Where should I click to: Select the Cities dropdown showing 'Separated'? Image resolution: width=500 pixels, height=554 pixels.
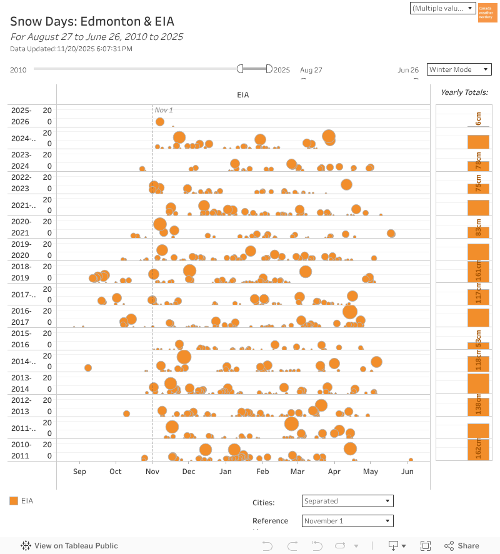coord(347,501)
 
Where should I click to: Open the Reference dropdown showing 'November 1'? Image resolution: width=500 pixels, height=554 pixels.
coord(347,521)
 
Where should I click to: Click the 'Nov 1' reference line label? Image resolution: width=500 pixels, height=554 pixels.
coord(164,110)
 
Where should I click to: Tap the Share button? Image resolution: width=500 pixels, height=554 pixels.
coord(461,545)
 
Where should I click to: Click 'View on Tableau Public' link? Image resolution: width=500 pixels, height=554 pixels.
coord(69,545)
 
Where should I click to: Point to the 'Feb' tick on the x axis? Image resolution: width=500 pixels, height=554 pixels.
coord(262,472)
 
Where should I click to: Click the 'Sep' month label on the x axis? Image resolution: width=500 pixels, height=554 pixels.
coord(79,472)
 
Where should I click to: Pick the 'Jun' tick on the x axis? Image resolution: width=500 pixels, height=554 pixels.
coord(407,472)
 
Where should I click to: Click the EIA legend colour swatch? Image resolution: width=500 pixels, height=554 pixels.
coord(14,500)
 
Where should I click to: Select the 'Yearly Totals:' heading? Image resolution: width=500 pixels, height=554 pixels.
coord(464,92)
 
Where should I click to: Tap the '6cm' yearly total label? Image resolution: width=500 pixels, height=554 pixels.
coord(478,119)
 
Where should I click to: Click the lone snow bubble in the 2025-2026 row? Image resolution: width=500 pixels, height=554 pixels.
coord(160,122)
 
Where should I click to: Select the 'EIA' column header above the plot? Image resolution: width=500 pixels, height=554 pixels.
coord(243,95)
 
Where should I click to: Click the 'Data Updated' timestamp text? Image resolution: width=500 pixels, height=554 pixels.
coord(71,49)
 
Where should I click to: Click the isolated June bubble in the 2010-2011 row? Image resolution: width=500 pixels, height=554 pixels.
coord(411,460)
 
